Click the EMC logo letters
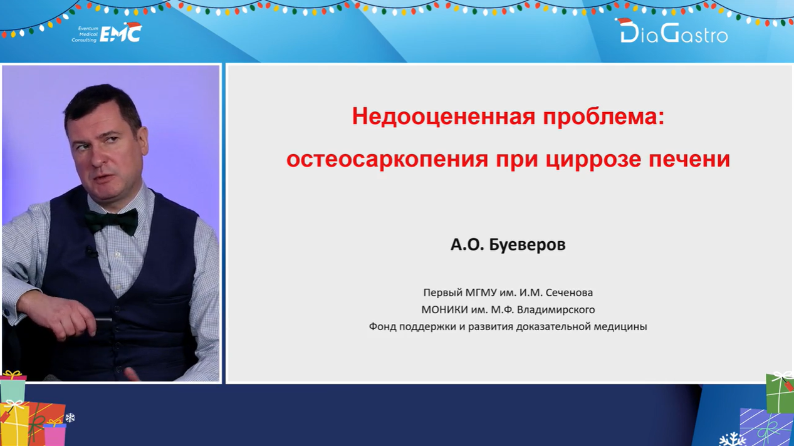pos(120,34)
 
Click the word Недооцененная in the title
pos(443,117)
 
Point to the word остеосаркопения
pos(387,159)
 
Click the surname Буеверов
pos(528,245)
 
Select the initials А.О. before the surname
pos(467,244)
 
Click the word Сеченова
pos(569,293)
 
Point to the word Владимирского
pos(556,310)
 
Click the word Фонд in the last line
pos(383,326)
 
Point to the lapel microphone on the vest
pos(91,252)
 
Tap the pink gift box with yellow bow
pos(55,433)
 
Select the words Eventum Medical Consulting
pos(85,34)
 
